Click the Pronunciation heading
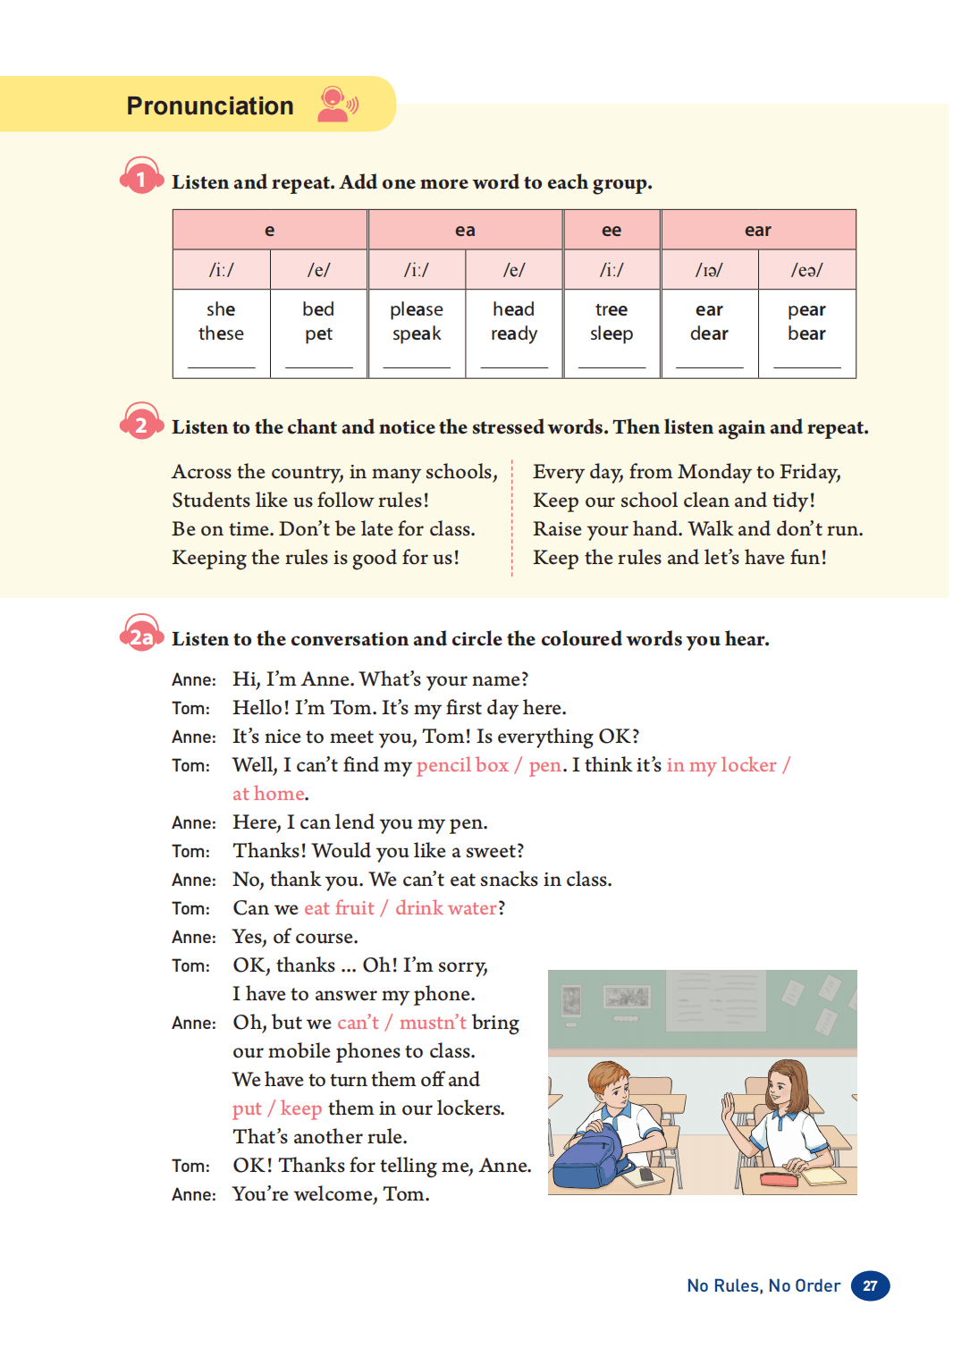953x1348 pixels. [x=210, y=105]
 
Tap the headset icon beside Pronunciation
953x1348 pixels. [x=337, y=105]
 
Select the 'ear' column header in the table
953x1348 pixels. [x=757, y=231]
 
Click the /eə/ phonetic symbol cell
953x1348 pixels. [x=806, y=270]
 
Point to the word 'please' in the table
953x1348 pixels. [x=417, y=309]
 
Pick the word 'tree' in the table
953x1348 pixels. [x=611, y=309]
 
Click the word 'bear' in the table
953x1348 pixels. [x=806, y=333]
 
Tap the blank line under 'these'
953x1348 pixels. [x=221, y=366]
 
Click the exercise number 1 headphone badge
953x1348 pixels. [x=140, y=178]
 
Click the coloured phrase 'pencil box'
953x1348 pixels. [x=462, y=765]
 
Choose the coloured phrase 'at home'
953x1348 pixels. [x=268, y=794]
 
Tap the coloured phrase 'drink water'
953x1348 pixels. [x=446, y=908]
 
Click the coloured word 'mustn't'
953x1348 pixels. [x=433, y=1023]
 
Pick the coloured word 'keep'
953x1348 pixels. [x=301, y=1108]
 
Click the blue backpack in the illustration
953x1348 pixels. [x=588, y=1157]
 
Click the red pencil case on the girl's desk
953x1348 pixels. [x=778, y=1179]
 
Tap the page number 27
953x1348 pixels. [x=870, y=1285]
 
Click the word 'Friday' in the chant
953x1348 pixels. [x=809, y=472]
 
